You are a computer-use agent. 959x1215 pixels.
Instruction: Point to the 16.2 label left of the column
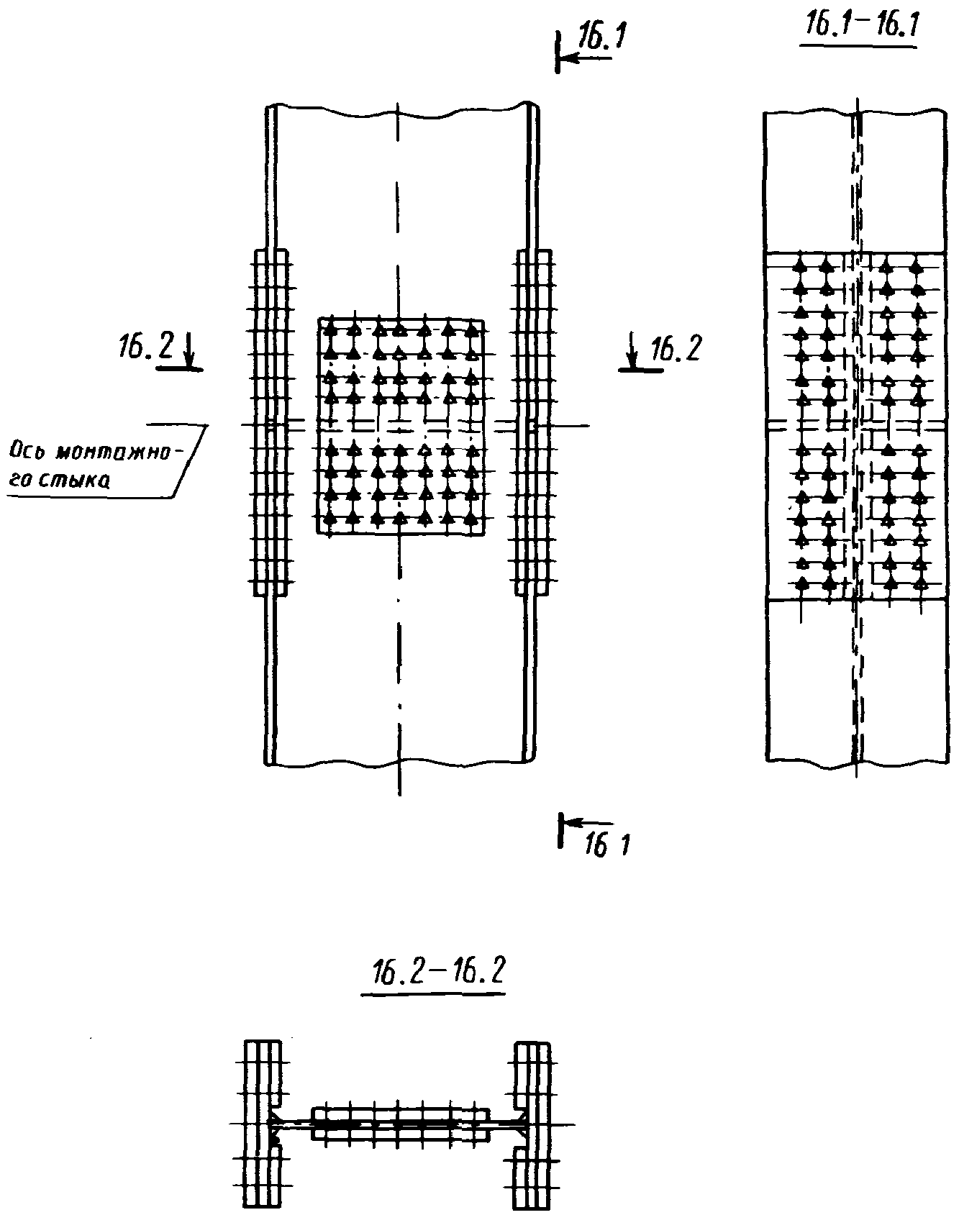point(146,347)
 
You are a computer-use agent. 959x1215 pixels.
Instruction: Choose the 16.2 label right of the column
point(676,349)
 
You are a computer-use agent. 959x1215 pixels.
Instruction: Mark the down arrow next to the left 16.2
point(189,348)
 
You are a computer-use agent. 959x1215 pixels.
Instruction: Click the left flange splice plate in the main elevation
point(272,423)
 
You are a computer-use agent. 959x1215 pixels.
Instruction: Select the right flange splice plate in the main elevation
point(535,423)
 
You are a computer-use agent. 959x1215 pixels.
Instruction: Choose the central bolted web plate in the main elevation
point(401,426)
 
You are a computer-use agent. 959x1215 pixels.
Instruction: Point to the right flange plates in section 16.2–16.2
point(532,1124)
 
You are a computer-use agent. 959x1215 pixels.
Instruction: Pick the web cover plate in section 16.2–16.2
point(400,1124)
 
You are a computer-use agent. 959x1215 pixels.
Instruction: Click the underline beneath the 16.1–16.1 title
point(858,46)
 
